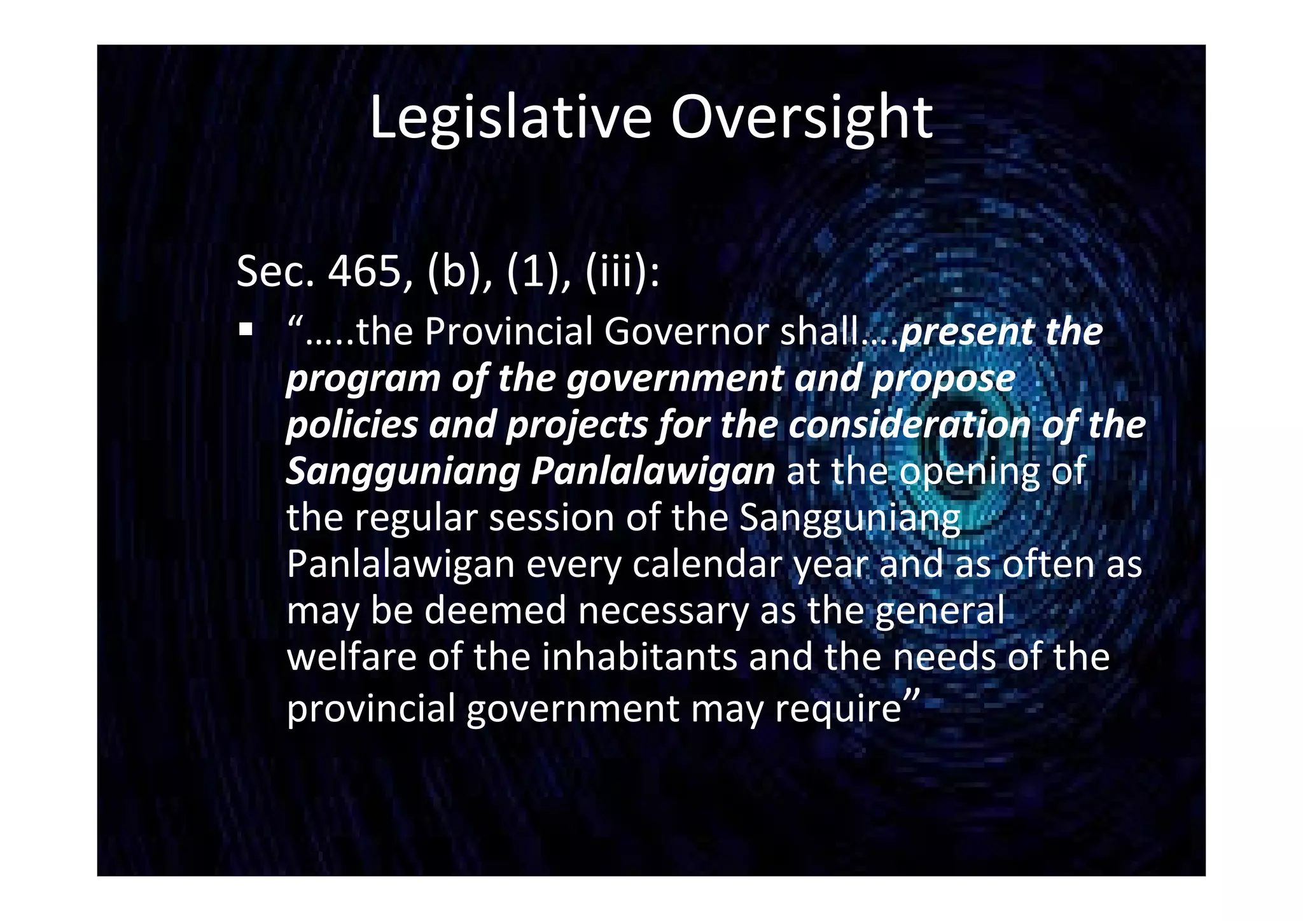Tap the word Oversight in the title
(x=802, y=118)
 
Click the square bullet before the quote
(x=246, y=330)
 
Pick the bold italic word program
(x=363, y=379)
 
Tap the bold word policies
(x=352, y=425)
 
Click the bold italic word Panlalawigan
(x=653, y=471)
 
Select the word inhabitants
(x=639, y=657)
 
